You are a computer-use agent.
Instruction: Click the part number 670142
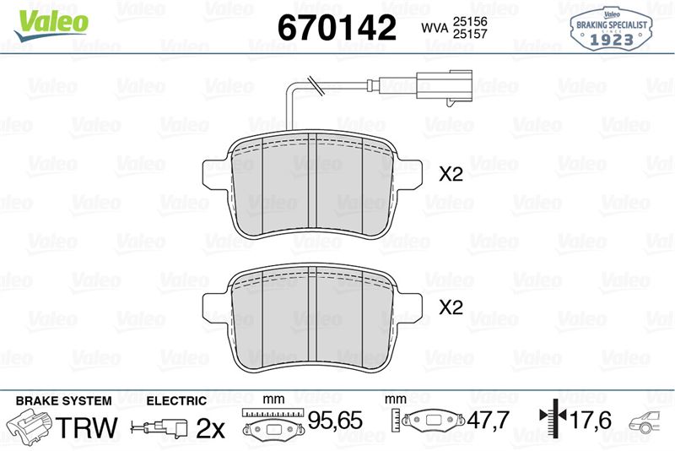coord(337,28)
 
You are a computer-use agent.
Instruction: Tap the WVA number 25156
coord(470,22)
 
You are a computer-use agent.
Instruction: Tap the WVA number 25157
coord(470,34)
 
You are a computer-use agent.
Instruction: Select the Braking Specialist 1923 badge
coord(612,28)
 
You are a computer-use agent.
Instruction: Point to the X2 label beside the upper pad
coord(451,174)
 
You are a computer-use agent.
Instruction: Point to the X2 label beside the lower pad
coord(451,307)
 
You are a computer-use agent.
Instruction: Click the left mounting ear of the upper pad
coord(216,174)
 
